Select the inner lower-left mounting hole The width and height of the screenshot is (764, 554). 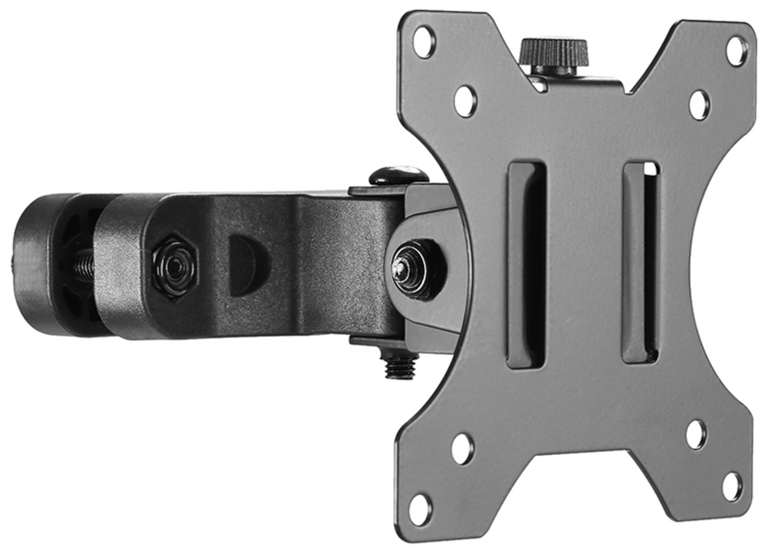click(x=463, y=449)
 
